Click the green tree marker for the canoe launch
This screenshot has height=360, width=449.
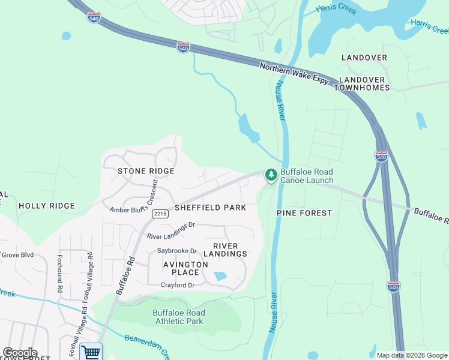[x=271, y=175]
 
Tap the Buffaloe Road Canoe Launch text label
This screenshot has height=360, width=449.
[x=306, y=176]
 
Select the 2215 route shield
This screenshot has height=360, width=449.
[x=160, y=214]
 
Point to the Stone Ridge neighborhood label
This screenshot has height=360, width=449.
[x=146, y=171]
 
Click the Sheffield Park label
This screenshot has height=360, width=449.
[x=210, y=208]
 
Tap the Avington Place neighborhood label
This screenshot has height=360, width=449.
[x=185, y=268]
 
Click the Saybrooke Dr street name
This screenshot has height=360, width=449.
[x=177, y=251]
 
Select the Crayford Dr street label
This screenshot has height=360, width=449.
[x=177, y=285]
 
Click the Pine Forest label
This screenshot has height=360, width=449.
[x=304, y=213]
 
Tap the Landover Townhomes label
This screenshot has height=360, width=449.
[x=364, y=83]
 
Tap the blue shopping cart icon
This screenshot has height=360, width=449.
[x=91, y=352]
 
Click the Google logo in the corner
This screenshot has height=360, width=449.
[x=20, y=353]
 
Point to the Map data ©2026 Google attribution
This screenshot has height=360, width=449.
[x=411, y=355]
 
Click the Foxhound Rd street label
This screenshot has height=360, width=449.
[x=60, y=273]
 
